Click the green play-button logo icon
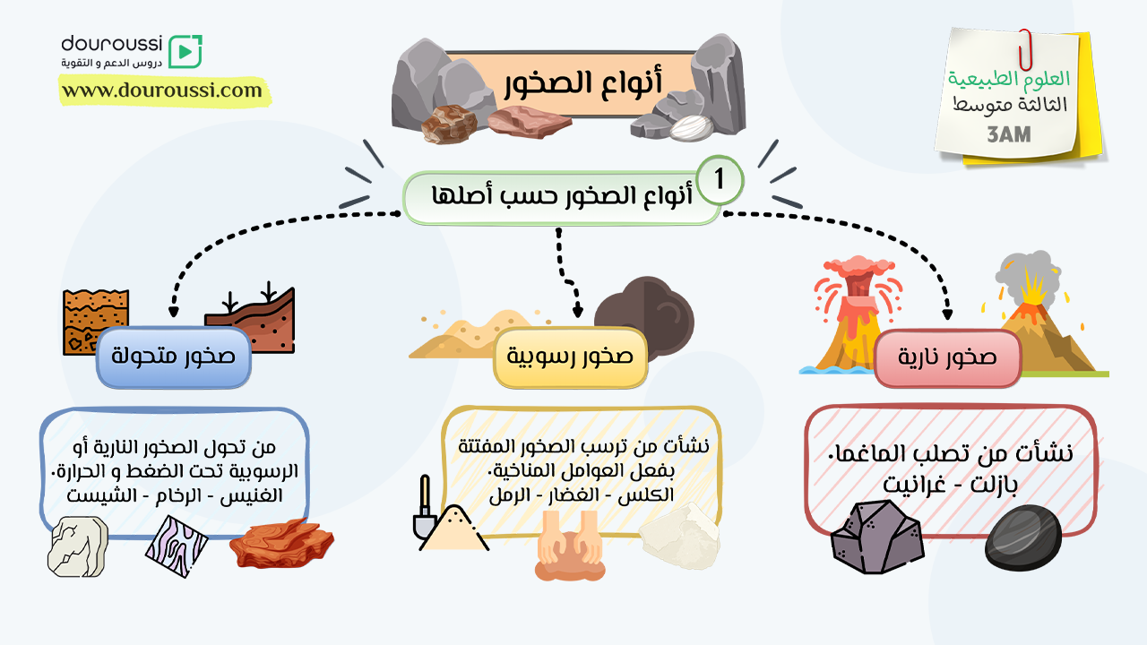(x=185, y=51)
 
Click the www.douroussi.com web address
(x=162, y=90)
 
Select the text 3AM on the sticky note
(x=1009, y=134)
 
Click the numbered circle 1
(x=720, y=180)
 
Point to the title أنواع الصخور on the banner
(x=583, y=82)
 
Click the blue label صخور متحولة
(x=174, y=357)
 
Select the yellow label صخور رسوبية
(x=570, y=357)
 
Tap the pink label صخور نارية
(x=947, y=357)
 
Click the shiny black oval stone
(x=1023, y=537)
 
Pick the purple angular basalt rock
(x=876, y=537)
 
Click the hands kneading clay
(x=570, y=546)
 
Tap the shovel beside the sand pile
(x=425, y=508)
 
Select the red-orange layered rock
(x=281, y=544)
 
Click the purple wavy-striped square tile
(x=177, y=546)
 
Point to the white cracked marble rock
(x=78, y=546)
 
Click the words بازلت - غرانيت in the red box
(x=951, y=484)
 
